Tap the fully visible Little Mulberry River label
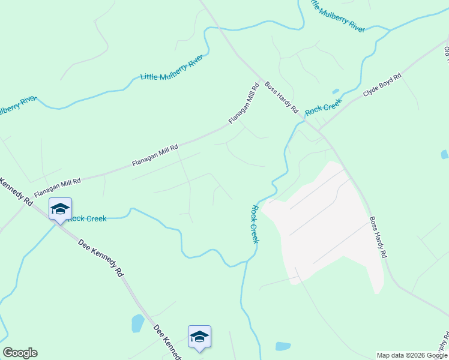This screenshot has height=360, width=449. (171, 70)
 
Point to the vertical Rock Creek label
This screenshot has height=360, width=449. (255, 224)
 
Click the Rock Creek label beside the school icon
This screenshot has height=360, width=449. (88, 218)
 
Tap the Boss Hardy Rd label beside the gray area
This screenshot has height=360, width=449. (378, 237)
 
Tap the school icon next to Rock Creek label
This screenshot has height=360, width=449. (60, 209)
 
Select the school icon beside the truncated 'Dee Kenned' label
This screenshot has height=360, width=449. (199, 337)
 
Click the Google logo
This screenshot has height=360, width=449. (20, 353)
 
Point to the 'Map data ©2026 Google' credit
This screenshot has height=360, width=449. (412, 355)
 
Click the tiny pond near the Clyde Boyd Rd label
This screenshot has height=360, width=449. (335, 92)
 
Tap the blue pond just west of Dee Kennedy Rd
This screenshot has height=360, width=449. (138, 323)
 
